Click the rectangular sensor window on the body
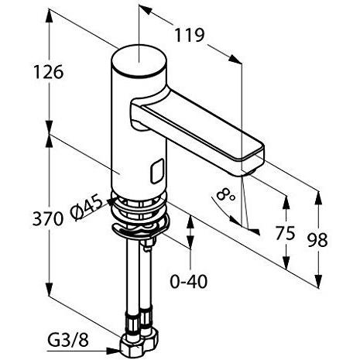click(x=158, y=168)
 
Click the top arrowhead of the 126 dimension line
click(x=48, y=17)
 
